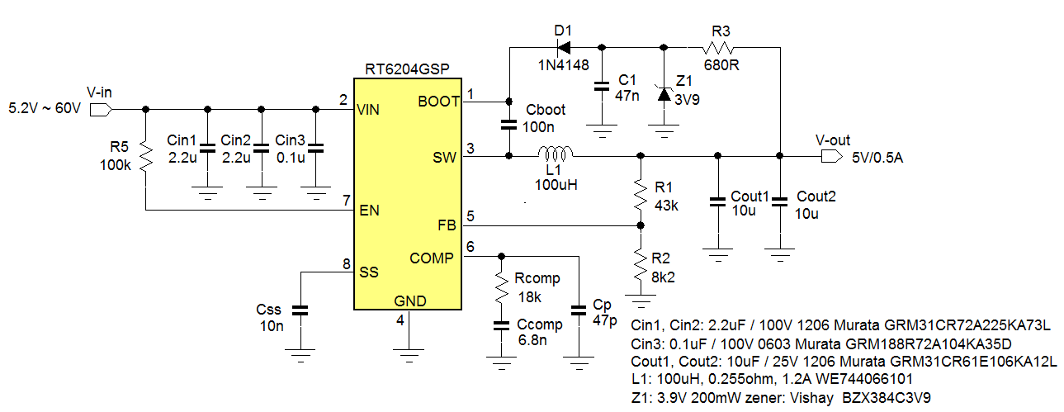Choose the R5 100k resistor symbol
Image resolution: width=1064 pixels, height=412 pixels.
click(x=145, y=156)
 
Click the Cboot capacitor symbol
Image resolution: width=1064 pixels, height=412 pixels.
click(x=508, y=126)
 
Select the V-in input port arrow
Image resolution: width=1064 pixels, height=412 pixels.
click(x=99, y=109)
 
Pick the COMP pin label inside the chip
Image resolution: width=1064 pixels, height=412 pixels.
click(x=431, y=258)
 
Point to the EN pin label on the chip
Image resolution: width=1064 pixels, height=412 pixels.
click(x=369, y=211)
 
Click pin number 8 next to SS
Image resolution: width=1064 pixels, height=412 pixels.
click(x=345, y=264)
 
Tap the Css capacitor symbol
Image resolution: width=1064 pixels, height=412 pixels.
click(x=300, y=310)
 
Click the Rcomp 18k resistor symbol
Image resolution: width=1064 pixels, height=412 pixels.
click(x=499, y=287)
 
